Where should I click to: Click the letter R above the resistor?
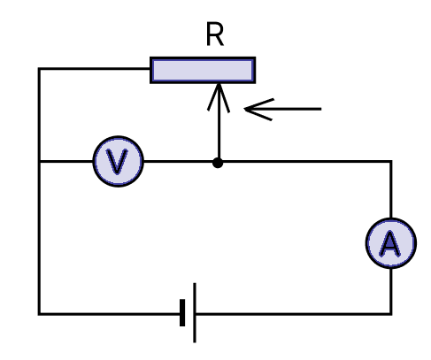pyautogui.click(x=215, y=34)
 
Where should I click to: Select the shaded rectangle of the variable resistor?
pyautogui.click(x=203, y=70)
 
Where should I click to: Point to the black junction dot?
pyautogui.click(x=218, y=163)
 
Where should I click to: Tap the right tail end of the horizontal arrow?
pyautogui.click(x=321, y=109)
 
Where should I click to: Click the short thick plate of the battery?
pyautogui.click(x=182, y=313)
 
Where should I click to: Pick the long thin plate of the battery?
pyautogui.click(x=195, y=313)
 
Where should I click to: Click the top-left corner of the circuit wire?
pyautogui.click(x=39, y=69)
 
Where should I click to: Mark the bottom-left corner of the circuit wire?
pyautogui.click(x=39, y=314)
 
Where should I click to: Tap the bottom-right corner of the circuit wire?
pyautogui.click(x=391, y=314)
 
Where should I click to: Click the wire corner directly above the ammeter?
pyautogui.click(x=391, y=161)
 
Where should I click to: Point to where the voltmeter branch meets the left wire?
pyautogui.click(x=39, y=161)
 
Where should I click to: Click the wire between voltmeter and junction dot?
pyautogui.click(x=178, y=161)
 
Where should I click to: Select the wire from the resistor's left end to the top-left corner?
pyautogui.click(x=95, y=69)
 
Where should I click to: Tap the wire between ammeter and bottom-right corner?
pyautogui.click(x=391, y=291)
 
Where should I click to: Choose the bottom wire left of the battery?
pyautogui.click(x=109, y=314)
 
